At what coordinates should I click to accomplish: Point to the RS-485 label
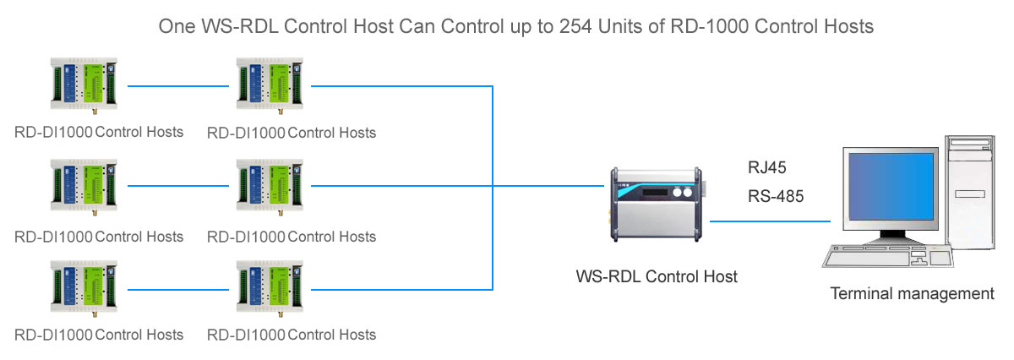tap(776, 196)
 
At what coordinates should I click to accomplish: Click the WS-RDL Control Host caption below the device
tap(657, 276)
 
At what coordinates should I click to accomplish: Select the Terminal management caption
tap(913, 294)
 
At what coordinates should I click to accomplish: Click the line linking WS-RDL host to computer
tap(770, 221)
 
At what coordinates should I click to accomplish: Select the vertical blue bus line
tap(493, 186)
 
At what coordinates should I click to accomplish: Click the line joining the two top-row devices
tap(180, 85)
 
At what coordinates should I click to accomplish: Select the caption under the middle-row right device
tap(292, 236)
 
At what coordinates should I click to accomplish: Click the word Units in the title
tap(622, 27)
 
